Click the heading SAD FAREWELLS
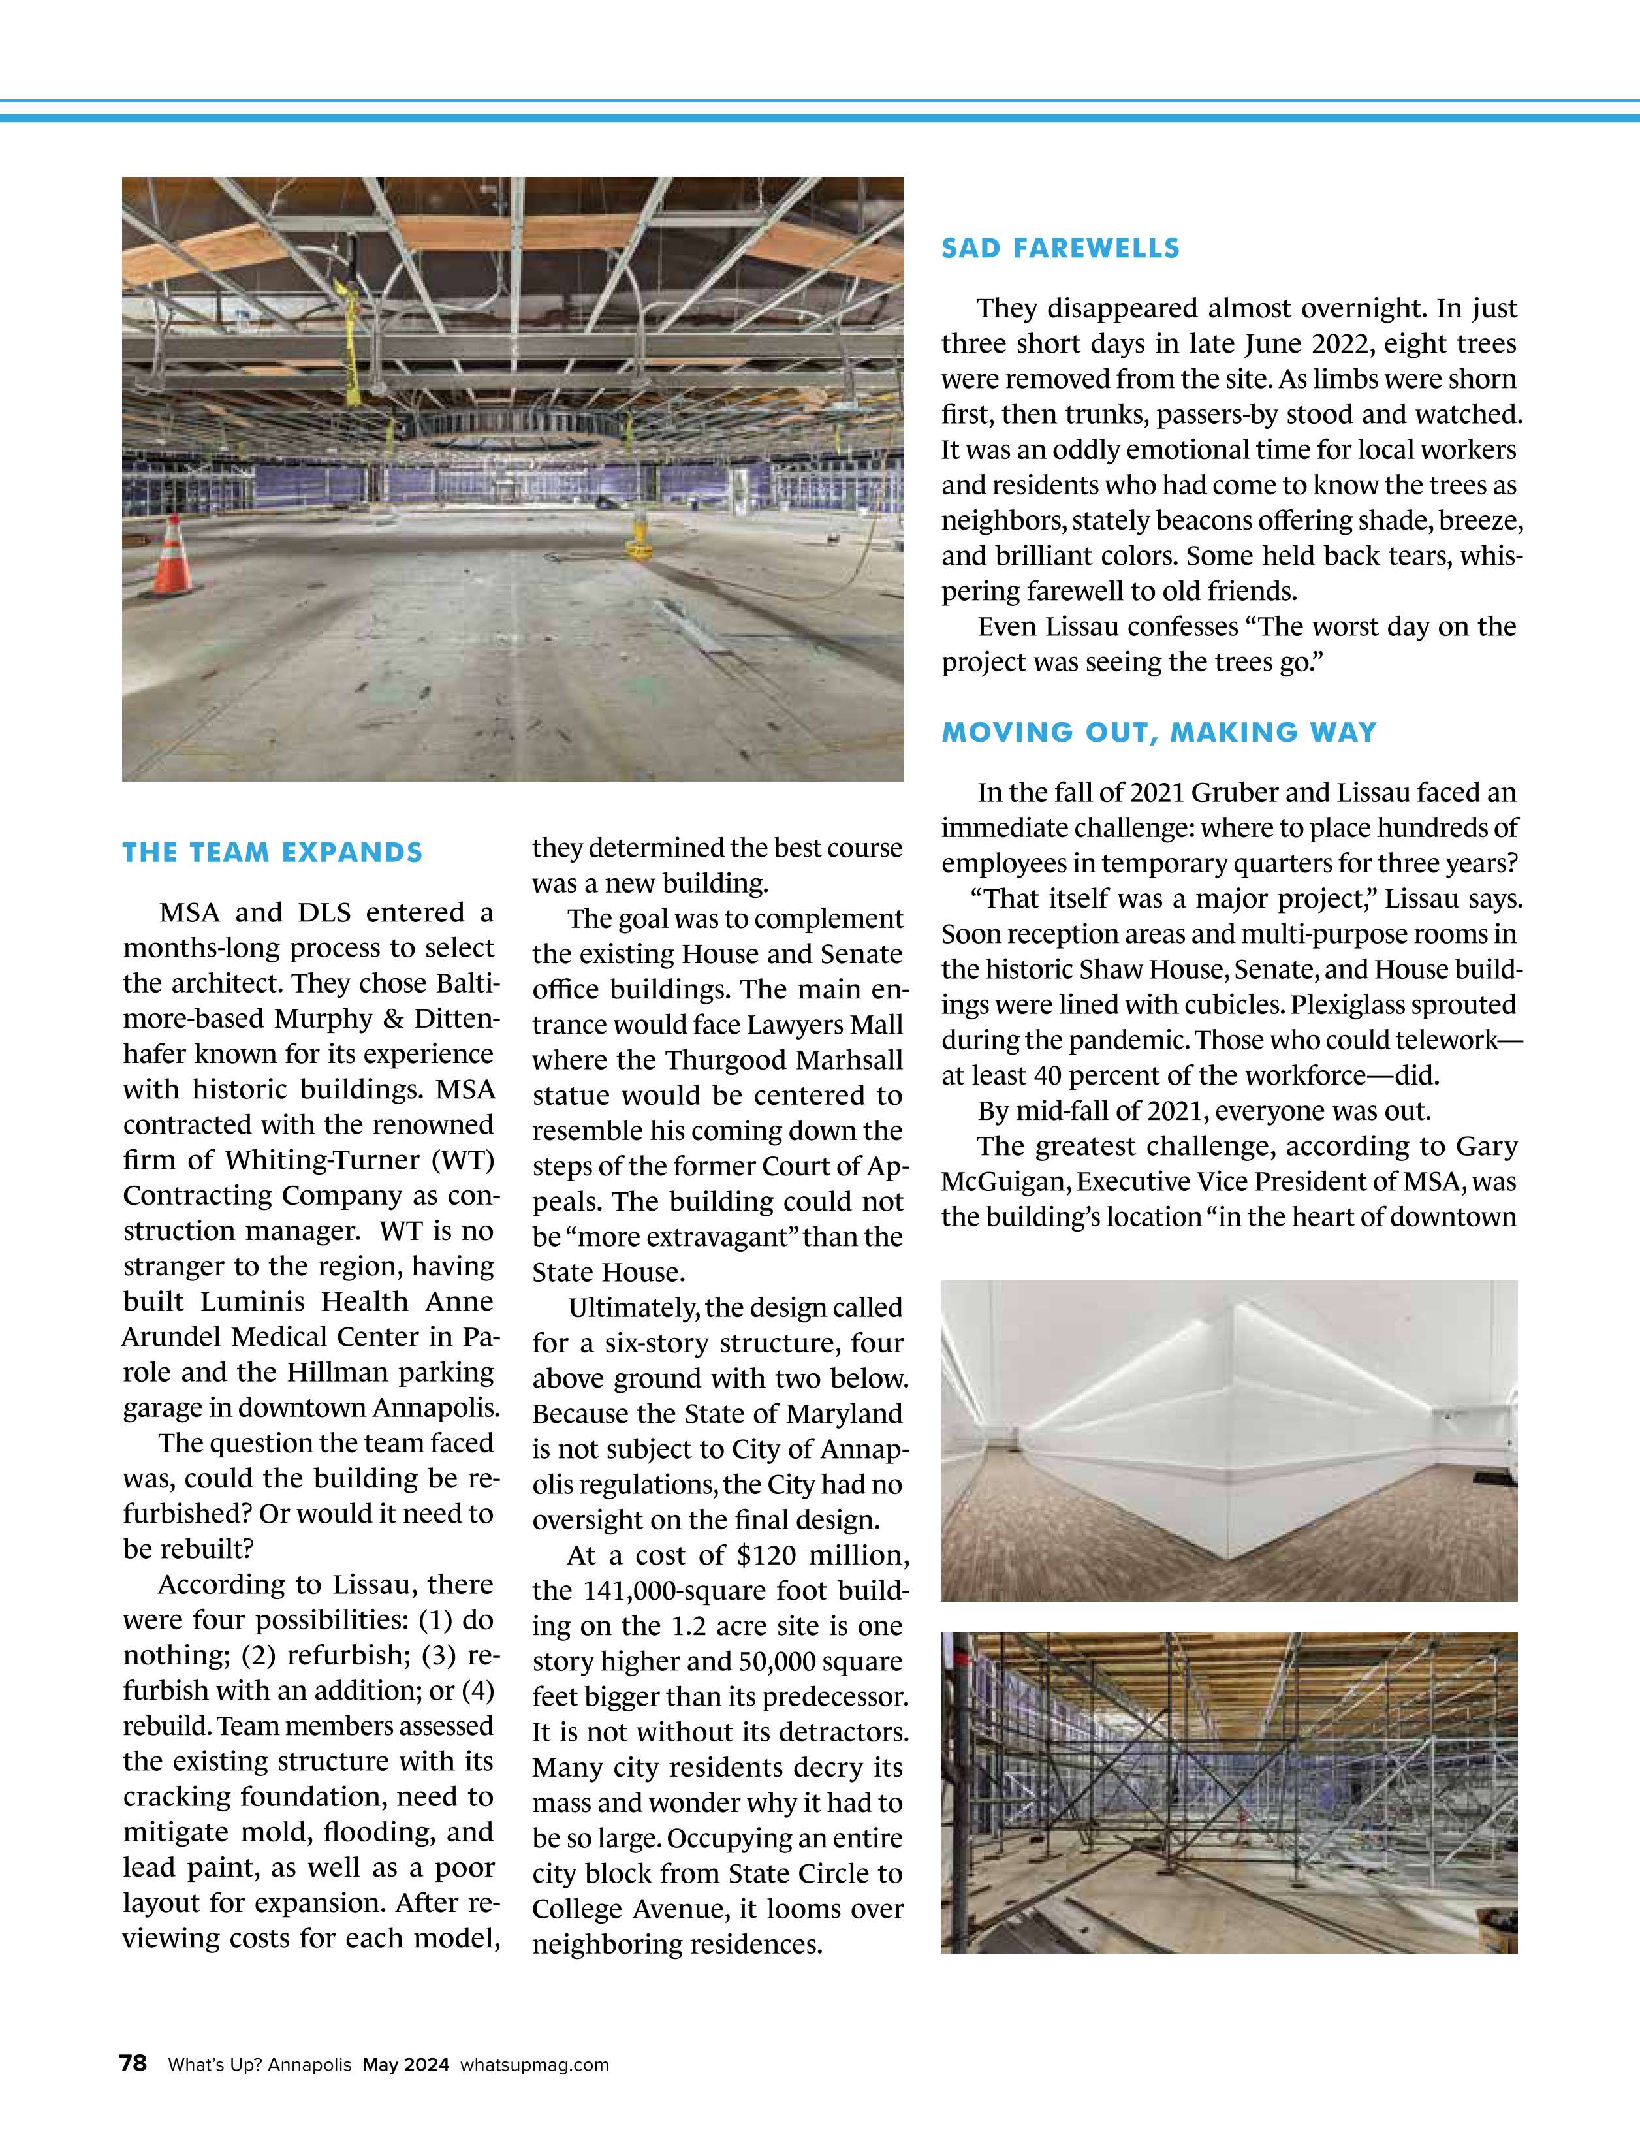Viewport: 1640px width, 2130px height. [1060, 249]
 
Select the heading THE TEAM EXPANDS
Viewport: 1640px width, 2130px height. [272, 852]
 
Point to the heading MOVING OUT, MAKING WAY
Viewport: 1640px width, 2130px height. [1158, 733]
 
